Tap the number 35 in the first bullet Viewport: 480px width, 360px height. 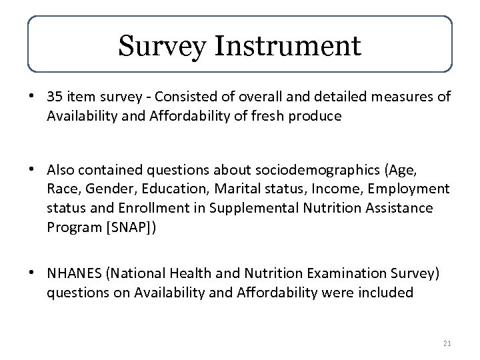tap(54, 97)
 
